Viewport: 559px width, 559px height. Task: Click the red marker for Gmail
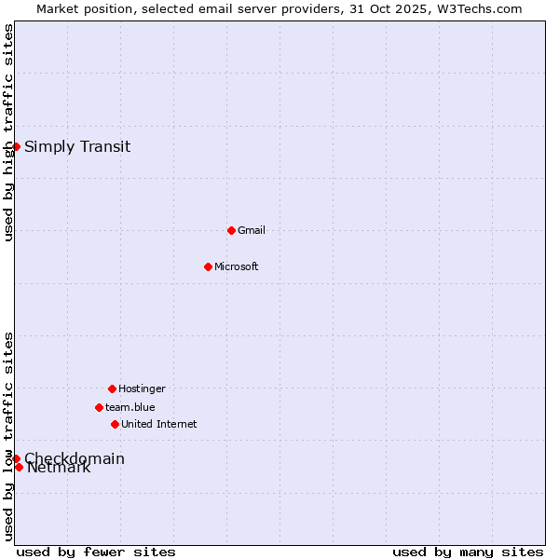point(231,230)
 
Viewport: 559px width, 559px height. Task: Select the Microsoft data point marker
point(208,266)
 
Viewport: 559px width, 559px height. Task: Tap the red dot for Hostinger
point(112,389)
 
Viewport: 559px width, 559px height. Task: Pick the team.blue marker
point(99,407)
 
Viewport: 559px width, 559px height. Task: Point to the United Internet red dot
point(115,424)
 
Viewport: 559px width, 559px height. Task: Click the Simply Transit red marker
point(16,146)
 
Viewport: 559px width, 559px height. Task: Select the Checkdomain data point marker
point(16,458)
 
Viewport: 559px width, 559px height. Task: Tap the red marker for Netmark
point(19,467)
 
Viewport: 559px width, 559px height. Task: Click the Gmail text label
point(252,230)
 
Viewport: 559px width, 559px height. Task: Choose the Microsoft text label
point(237,266)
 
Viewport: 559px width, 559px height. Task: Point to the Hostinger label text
point(142,389)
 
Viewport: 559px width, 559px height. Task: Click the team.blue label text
point(130,407)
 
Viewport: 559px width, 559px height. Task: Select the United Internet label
point(159,424)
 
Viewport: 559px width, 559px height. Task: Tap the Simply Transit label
point(77,146)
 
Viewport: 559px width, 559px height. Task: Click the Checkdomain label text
point(75,457)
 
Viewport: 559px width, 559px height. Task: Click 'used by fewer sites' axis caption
point(96,552)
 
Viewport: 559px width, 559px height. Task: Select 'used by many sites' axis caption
point(468,552)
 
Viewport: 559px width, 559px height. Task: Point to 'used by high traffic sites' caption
point(8,132)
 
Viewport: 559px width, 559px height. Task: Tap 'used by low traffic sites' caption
point(8,435)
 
